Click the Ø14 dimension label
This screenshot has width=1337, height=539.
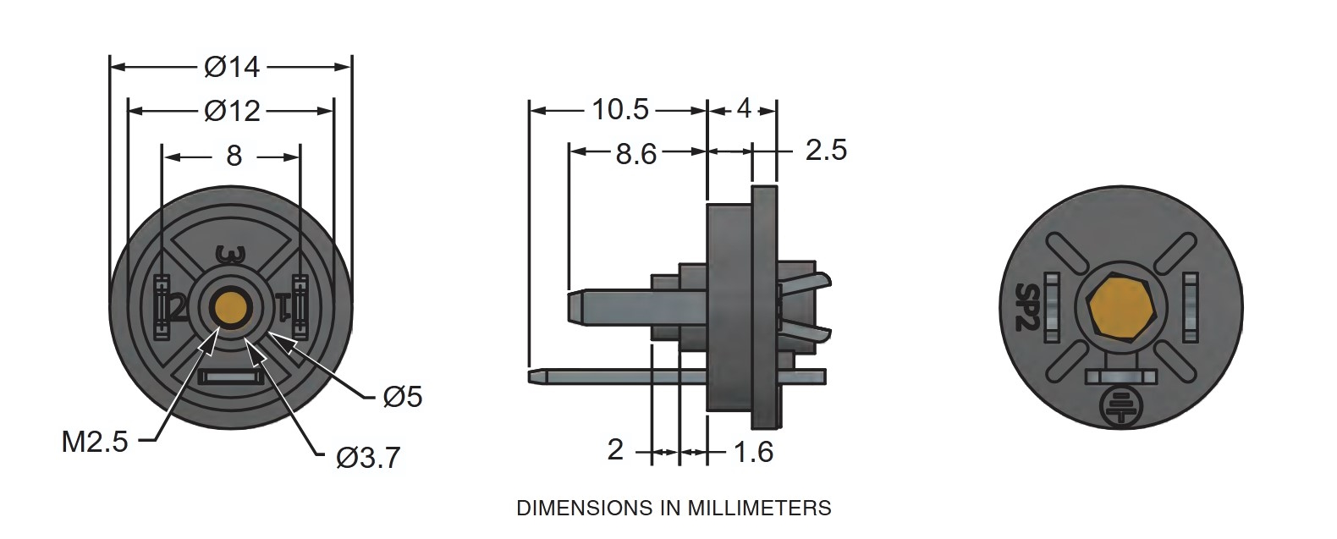[232, 67]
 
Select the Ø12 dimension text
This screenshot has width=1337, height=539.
[232, 111]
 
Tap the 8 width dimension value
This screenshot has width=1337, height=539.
[234, 156]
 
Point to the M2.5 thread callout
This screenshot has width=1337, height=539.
[95, 442]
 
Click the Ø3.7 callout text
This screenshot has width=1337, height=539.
[368, 458]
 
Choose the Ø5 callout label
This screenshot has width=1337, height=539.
[403, 397]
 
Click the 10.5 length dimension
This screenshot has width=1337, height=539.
[619, 109]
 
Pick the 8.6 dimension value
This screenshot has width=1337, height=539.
[635, 153]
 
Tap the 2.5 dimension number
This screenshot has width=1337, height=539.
[825, 150]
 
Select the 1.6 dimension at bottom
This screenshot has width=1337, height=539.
[752, 452]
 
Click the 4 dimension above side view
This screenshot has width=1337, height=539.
[743, 108]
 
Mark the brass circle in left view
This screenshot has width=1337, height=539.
[231, 307]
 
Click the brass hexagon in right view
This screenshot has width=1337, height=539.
[1122, 307]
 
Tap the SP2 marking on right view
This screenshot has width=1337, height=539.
[1026, 306]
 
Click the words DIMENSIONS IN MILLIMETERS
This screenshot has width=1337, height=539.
[674, 508]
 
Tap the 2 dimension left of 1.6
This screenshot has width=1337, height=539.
[615, 450]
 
